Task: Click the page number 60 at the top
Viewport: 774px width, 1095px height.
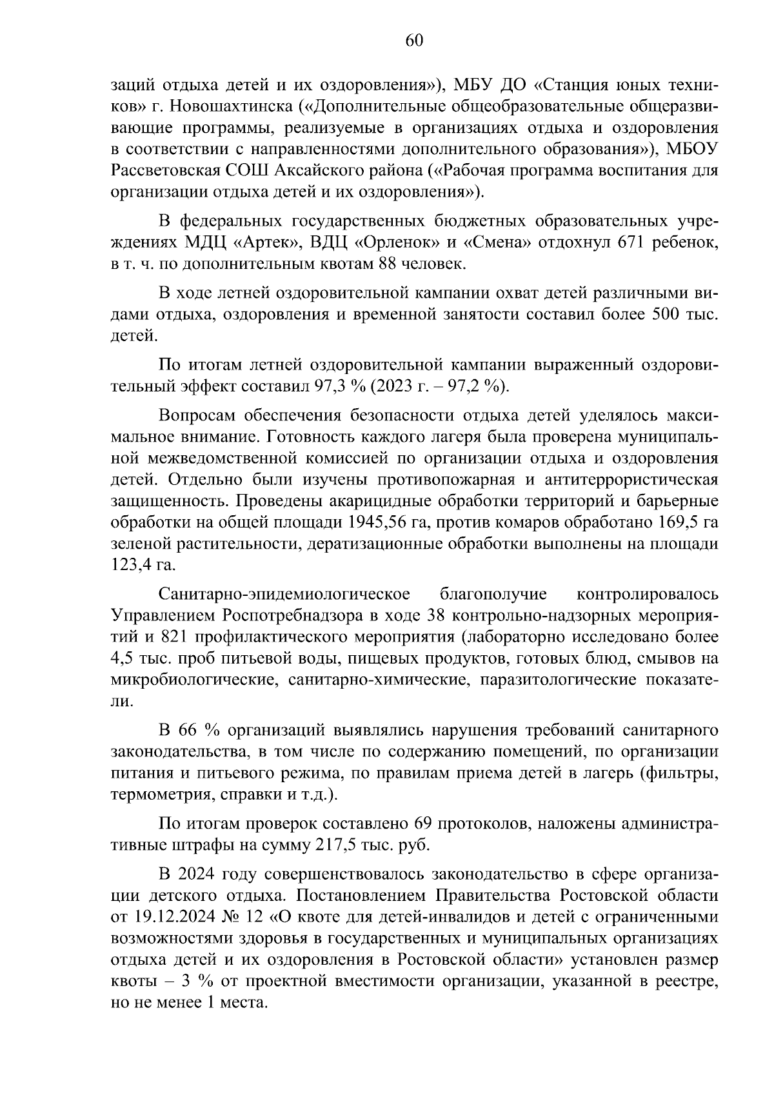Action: point(413,41)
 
